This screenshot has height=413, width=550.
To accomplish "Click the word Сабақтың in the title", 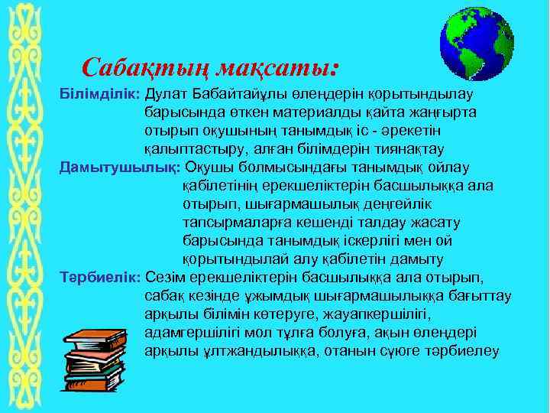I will coord(145,68).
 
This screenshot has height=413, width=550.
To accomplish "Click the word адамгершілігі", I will coord(191,333).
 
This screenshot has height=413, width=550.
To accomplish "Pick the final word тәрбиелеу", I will coord(467,351).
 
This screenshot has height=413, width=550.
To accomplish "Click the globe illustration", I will coord(477,47).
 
